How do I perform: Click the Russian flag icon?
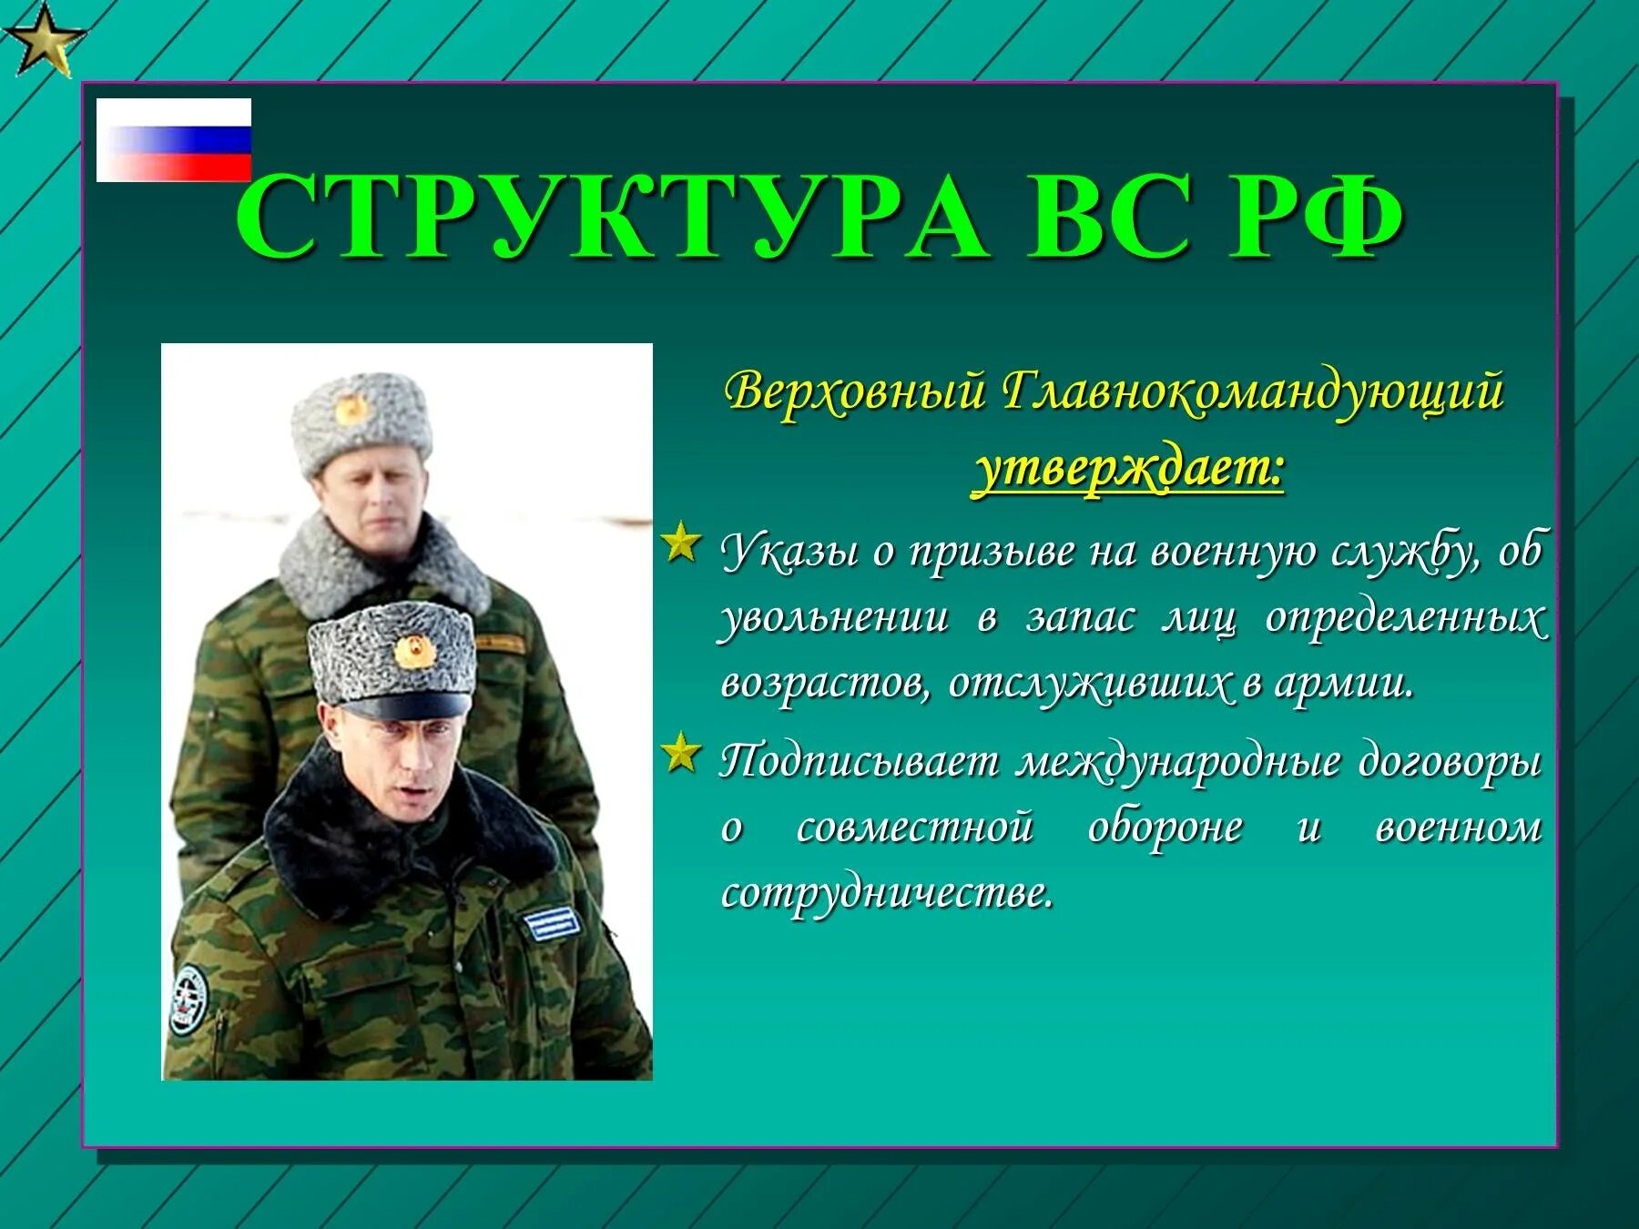(x=174, y=140)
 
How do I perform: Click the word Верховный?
(x=856, y=392)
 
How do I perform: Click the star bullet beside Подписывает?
(x=682, y=753)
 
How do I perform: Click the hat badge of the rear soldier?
(x=351, y=411)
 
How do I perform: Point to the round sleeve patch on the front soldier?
(x=188, y=999)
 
